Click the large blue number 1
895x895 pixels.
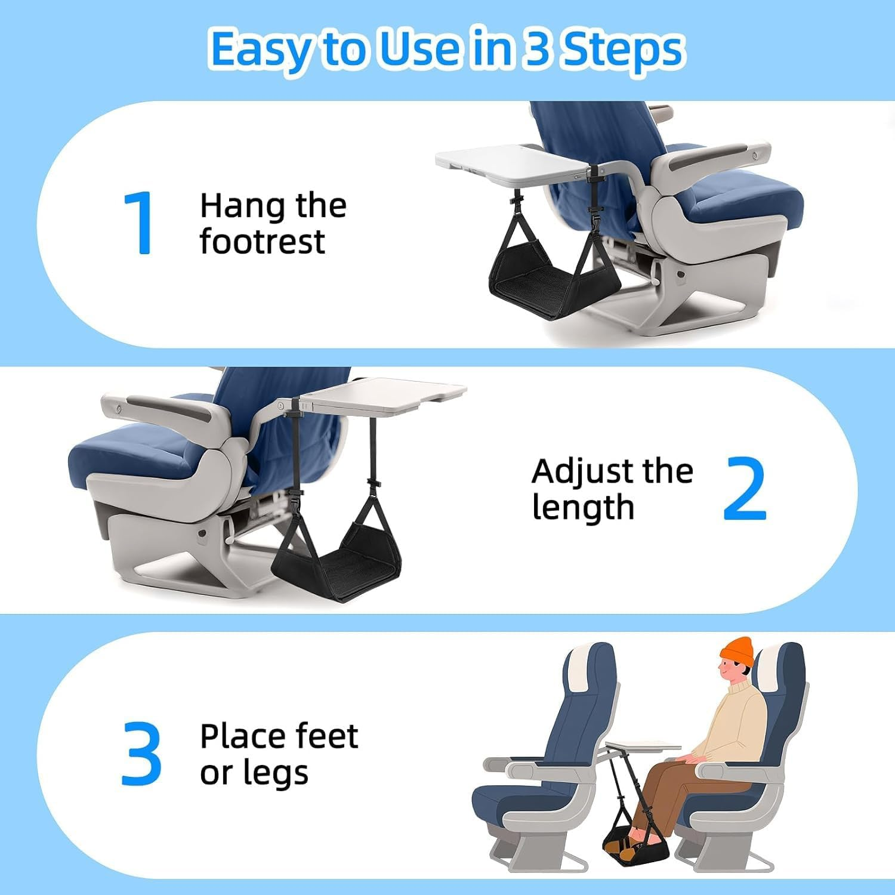click(140, 224)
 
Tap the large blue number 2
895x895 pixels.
click(744, 489)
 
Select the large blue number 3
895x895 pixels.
click(141, 753)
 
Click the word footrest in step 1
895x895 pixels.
click(262, 242)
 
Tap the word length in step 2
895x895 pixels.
click(582, 507)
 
